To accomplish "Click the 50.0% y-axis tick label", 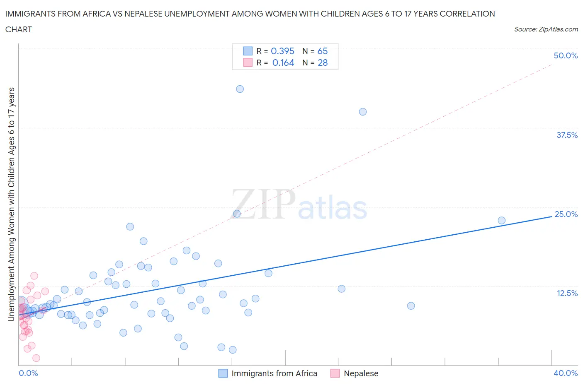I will (566, 55).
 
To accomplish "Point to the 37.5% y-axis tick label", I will (567, 135).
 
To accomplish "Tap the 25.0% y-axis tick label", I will (566, 214).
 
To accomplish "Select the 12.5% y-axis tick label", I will (567, 293).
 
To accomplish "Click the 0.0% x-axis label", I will (28, 373).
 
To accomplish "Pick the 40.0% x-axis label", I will (566, 373).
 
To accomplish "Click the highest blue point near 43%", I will (240, 89).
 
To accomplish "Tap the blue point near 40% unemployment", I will (363, 112).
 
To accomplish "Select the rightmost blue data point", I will (502, 221).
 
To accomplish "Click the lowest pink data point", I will (36, 358).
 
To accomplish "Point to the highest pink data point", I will (34, 276).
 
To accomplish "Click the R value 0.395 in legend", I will (282, 51).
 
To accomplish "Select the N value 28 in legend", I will (323, 63).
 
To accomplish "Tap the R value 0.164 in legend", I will (283, 63).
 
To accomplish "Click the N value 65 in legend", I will (323, 51).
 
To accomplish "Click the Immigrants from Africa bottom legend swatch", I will (223, 373).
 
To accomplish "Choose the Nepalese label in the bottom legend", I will (361, 373).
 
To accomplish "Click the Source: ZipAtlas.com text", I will (546, 29).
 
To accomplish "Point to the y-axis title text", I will (11, 204).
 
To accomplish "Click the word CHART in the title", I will (19, 29).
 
